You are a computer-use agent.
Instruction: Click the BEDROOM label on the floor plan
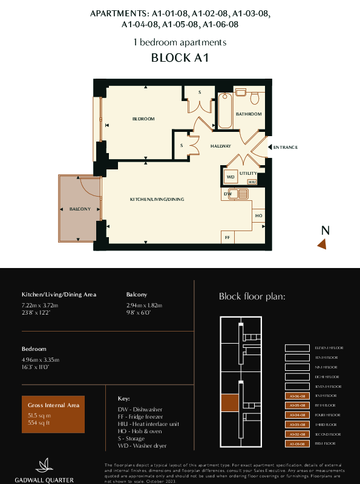click(x=143, y=119)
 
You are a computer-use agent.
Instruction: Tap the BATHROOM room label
click(x=249, y=114)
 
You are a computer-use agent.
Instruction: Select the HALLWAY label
click(x=221, y=146)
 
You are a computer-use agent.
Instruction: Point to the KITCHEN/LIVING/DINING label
click(x=157, y=199)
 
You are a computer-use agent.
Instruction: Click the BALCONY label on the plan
click(x=80, y=209)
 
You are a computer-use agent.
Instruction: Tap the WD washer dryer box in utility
click(x=230, y=177)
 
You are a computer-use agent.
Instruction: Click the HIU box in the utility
click(x=252, y=181)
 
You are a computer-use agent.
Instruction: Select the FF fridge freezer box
click(x=227, y=237)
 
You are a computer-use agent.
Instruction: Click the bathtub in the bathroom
click(x=225, y=111)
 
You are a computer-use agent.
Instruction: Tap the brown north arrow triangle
click(x=322, y=244)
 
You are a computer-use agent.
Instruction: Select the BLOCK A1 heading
click(x=180, y=59)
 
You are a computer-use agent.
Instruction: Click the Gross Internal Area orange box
click(x=56, y=411)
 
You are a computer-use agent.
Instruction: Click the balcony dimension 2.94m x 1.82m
click(x=144, y=305)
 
